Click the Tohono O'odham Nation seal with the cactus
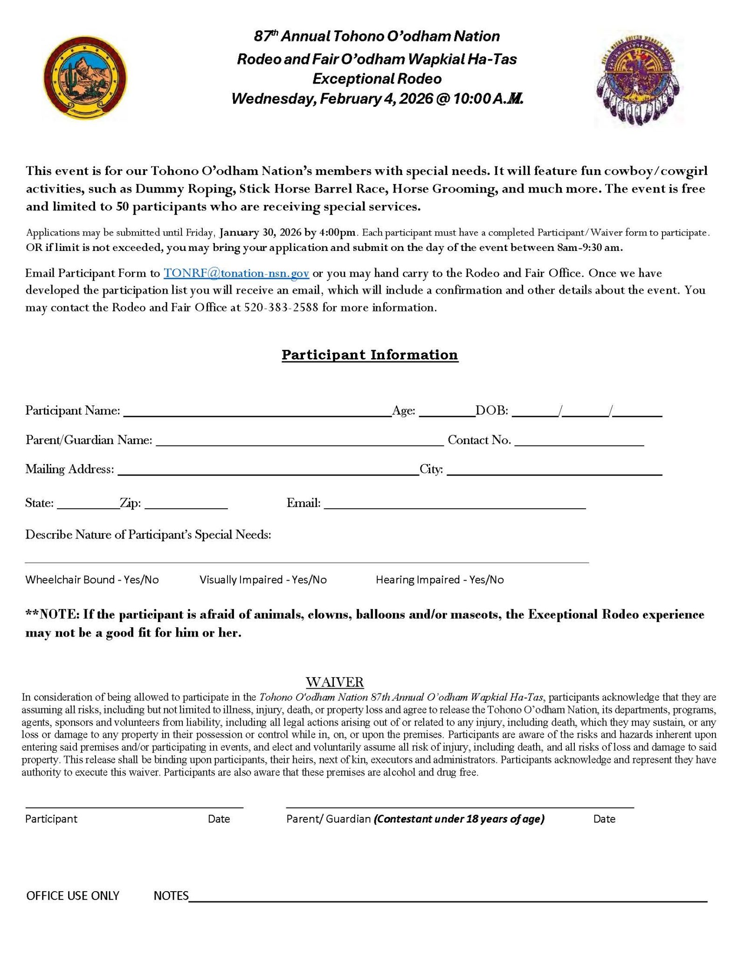85,78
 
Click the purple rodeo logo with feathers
638,81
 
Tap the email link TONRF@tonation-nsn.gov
236,273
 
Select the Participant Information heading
370,355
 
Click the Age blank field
446,412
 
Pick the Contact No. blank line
579,442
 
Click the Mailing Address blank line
268,471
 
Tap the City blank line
554,471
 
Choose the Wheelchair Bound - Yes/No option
92,580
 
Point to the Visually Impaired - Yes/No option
263,580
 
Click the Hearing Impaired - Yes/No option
440,580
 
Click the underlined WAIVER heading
335,682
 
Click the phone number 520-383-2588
281,308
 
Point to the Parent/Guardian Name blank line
299,442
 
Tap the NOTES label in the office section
171,896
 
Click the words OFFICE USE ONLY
73,896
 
